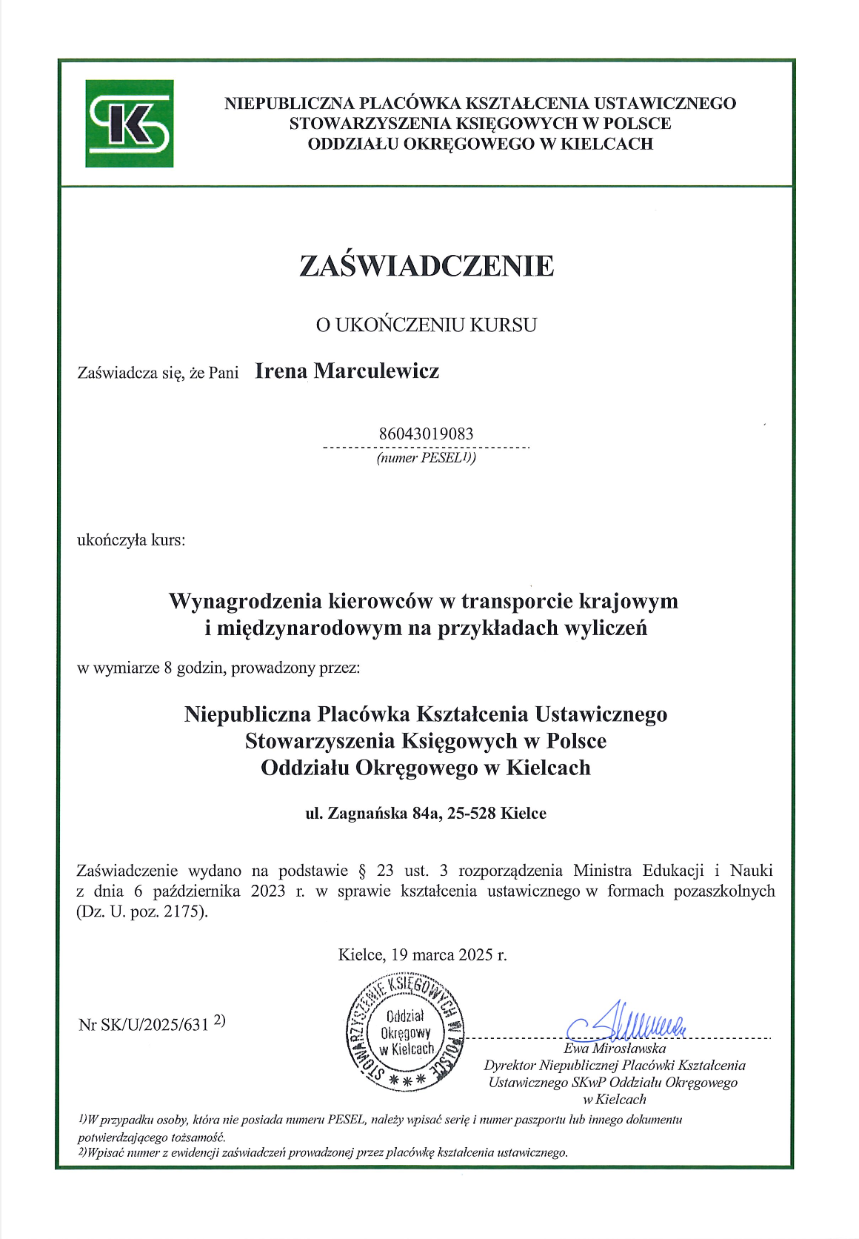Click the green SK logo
coord(130,123)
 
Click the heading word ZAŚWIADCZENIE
coord(427,265)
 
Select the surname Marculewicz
coord(376,371)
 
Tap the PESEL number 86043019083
coord(426,434)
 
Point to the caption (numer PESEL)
coord(426,458)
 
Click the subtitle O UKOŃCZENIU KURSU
coord(427,325)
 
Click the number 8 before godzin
coord(168,668)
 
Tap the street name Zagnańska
coord(367,813)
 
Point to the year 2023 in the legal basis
coord(268,891)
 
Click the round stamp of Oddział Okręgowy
coord(406,1032)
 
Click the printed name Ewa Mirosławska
coord(615,1049)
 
